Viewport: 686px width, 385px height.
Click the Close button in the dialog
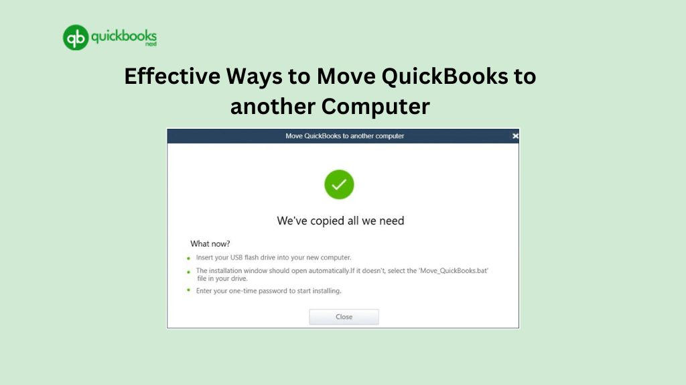(x=344, y=317)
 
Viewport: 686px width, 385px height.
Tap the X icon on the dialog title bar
(x=515, y=135)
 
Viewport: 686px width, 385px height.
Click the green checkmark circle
(x=339, y=184)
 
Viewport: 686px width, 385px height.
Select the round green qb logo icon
(x=76, y=38)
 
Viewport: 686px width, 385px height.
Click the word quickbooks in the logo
(x=124, y=36)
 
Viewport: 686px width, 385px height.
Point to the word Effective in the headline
(x=172, y=76)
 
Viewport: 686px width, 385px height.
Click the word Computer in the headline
(x=376, y=106)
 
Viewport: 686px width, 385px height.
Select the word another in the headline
(x=272, y=107)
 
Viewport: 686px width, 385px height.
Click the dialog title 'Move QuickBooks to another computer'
(x=345, y=135)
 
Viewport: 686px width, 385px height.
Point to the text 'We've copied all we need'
(x=340, y=220)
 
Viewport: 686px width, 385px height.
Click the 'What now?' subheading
(x=210, y=243)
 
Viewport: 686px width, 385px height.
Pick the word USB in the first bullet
(x=236, y=258)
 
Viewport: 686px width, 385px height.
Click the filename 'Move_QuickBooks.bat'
(x=454, y=271)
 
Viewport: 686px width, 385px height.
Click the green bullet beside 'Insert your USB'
(x=188, y=258)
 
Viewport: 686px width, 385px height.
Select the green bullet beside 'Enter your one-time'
(x=188, y=290)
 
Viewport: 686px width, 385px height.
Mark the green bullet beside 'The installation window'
(x=188, y=272)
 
